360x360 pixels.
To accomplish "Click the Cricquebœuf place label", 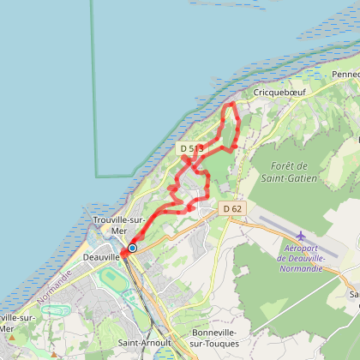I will click(x=274, y=90).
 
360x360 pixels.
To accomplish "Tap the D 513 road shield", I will click(x=191, y=148).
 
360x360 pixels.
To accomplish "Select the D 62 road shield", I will click(x=232, y=208).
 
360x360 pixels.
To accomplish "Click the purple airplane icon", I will click(x=300, y=236).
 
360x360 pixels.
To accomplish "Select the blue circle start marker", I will click(x=132, y=247).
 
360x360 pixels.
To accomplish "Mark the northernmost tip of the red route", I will click(x=231, y=104).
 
